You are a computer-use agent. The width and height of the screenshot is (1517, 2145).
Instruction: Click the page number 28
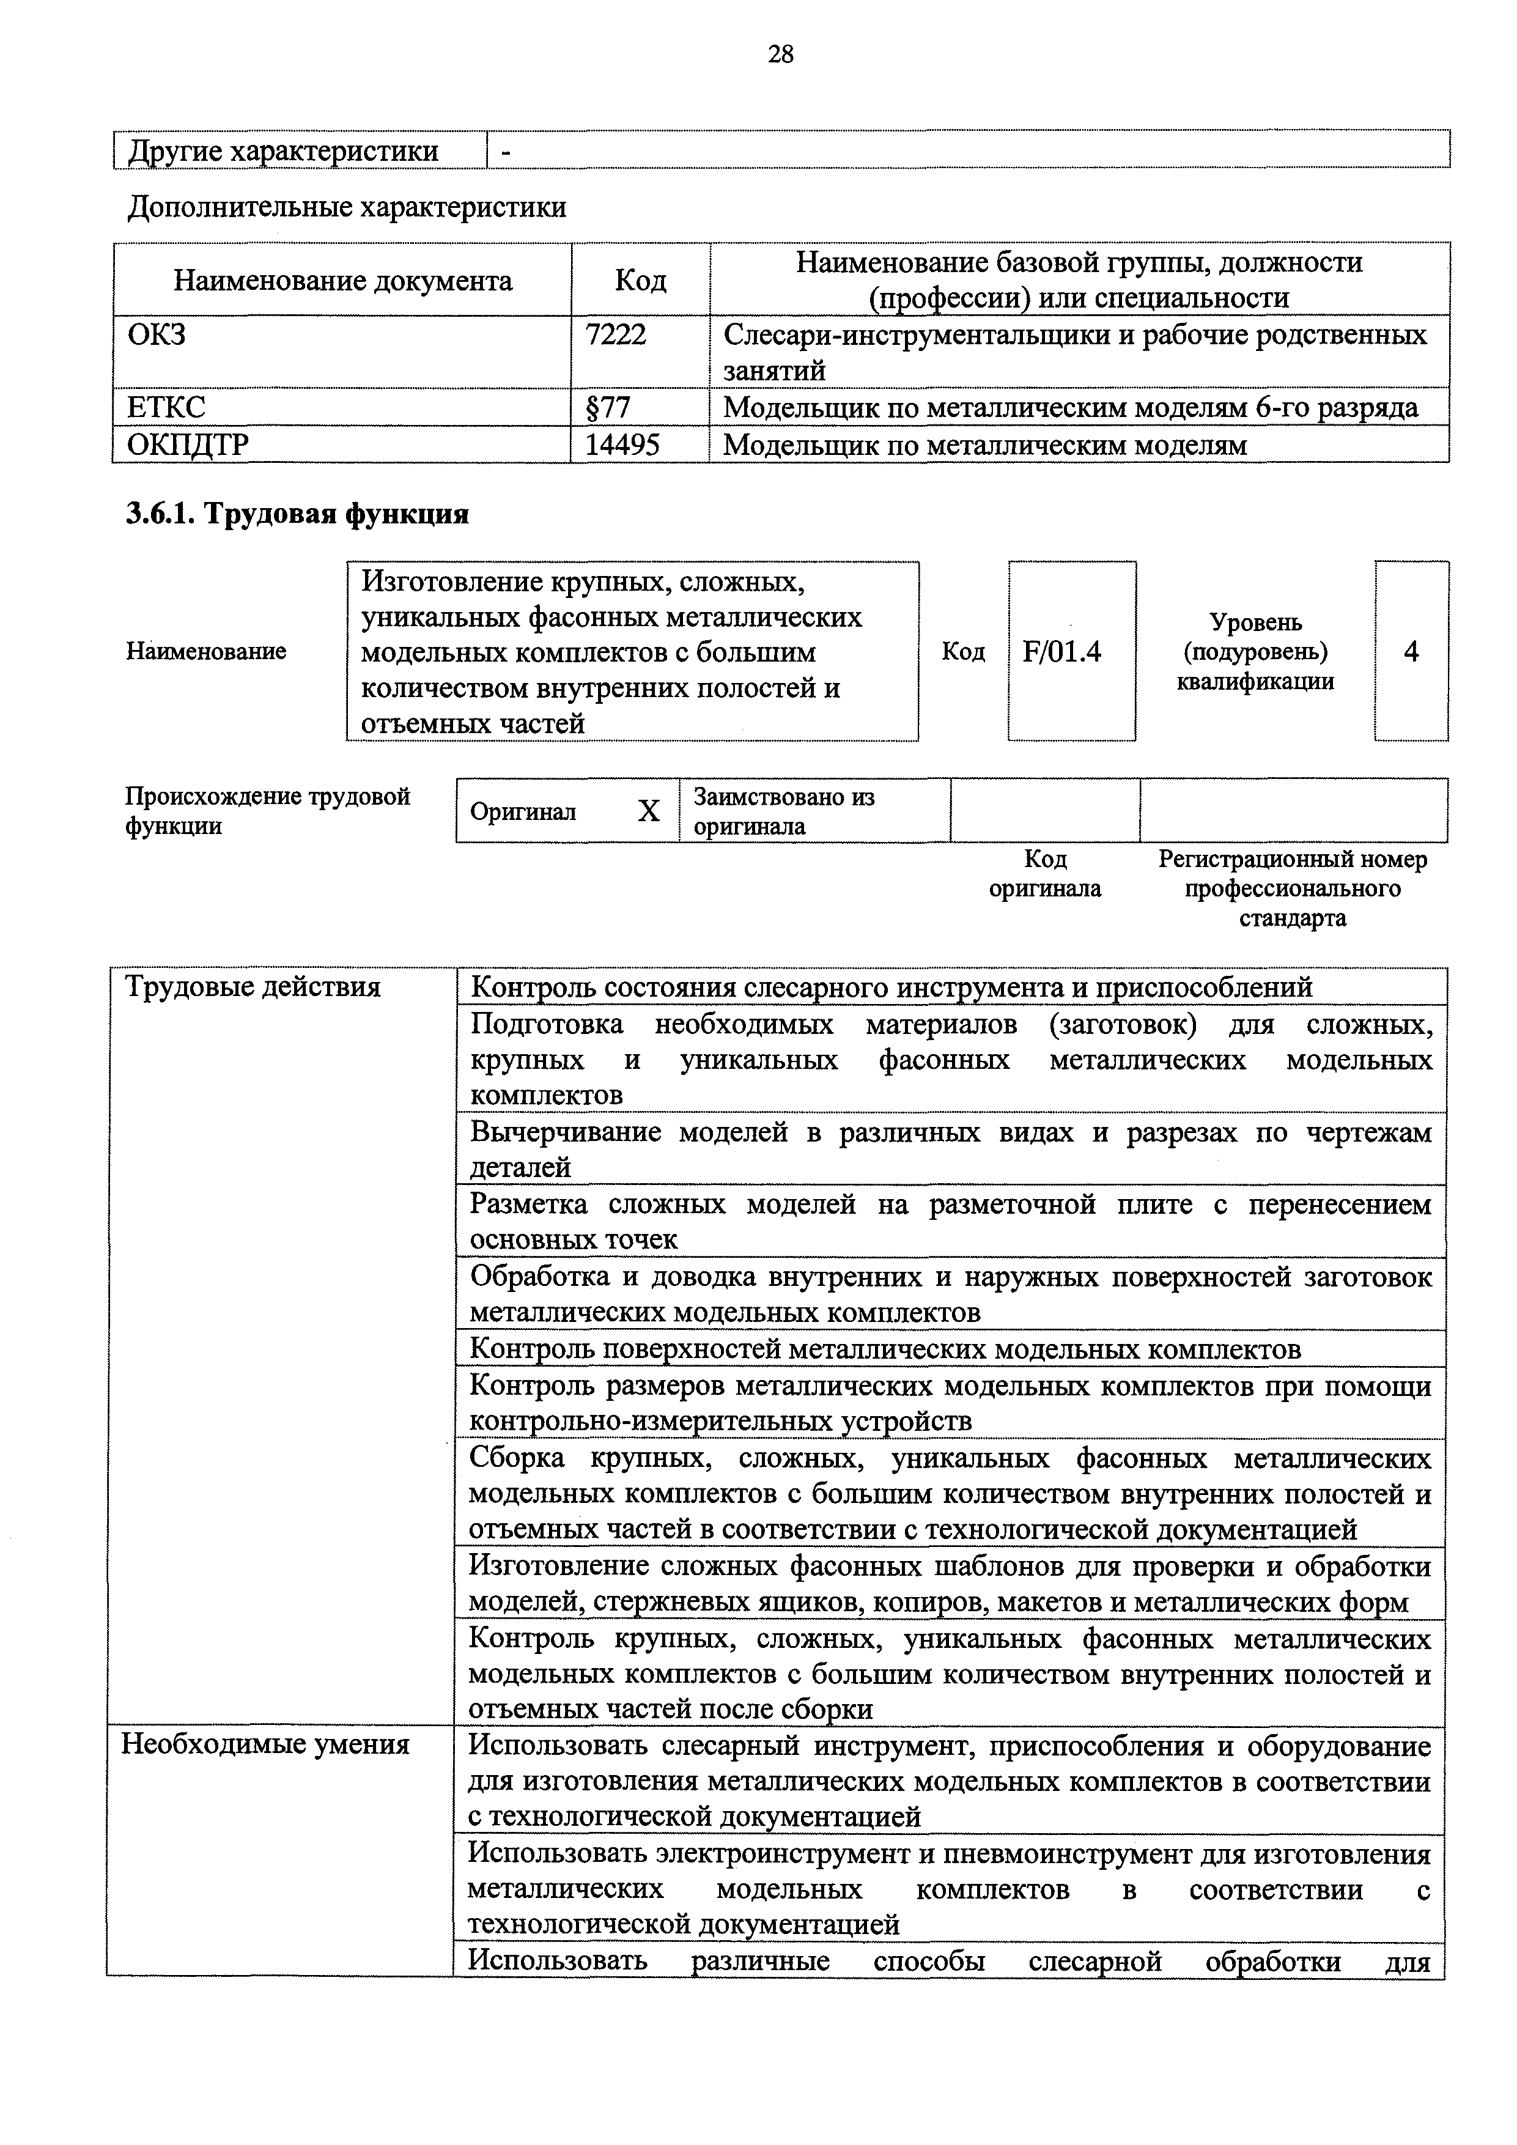point(780,55)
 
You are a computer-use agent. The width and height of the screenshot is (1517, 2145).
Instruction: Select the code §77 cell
point(607,407)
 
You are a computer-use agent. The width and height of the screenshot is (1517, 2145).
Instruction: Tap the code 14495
point(622,445)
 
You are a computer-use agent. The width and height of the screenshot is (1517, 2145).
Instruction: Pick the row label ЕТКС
point(165,407)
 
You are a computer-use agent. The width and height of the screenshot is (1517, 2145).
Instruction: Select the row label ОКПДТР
point(188,445)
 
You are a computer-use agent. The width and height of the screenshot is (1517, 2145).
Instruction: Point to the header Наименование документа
point(343,280)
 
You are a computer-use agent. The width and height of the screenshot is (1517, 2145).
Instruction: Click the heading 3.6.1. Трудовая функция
point(297,514)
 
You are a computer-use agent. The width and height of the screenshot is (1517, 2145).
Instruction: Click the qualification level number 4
point(1411,651)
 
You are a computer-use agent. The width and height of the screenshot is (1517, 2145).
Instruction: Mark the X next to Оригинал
point(648,811)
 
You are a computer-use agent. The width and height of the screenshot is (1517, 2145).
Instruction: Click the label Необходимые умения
point(265,1744)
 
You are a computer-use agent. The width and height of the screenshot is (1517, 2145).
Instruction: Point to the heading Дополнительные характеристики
point(347,207)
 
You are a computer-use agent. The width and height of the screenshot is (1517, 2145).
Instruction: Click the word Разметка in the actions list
point(529,1205)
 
